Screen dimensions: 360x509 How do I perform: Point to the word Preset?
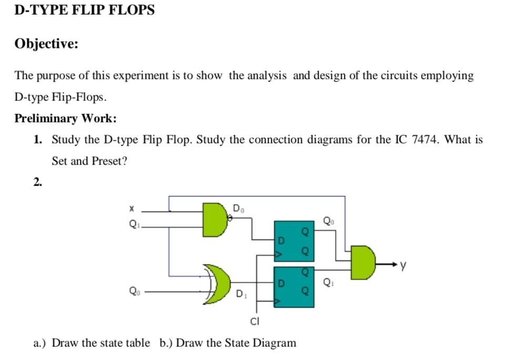click(x=109, y=161)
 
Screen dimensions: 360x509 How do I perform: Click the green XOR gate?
click(x=216, y=284)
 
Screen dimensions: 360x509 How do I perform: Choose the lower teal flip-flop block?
click(x=294, y=286)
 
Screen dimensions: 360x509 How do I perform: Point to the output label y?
click(x=403, y=266)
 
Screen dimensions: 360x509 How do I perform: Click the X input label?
click(x=131, y=209)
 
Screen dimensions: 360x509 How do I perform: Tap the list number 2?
click(x=37, y=182)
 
